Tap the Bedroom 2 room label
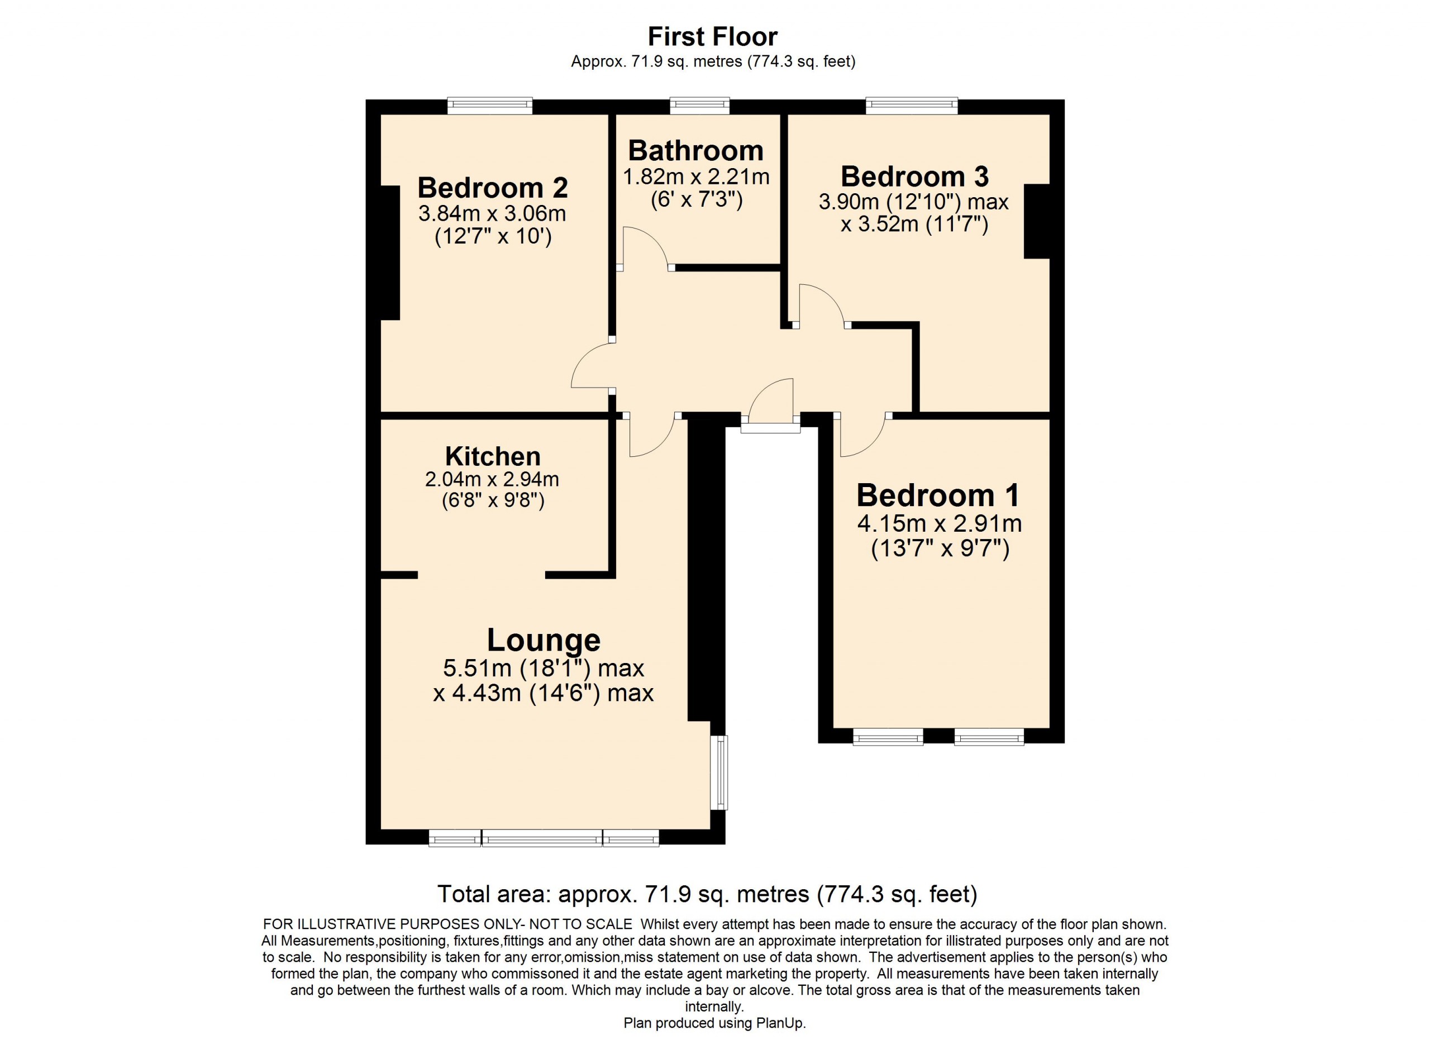[493, 188]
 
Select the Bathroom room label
[696, 151]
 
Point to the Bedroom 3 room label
[914, 176]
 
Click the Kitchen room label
[493, 456]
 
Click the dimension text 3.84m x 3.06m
[493, 214]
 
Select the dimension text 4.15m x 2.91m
[940, 524]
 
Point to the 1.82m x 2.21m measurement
[696, 177]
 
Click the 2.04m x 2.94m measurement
[493, 480]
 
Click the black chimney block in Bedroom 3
[1037, 221]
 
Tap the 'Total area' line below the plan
[707, 894]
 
